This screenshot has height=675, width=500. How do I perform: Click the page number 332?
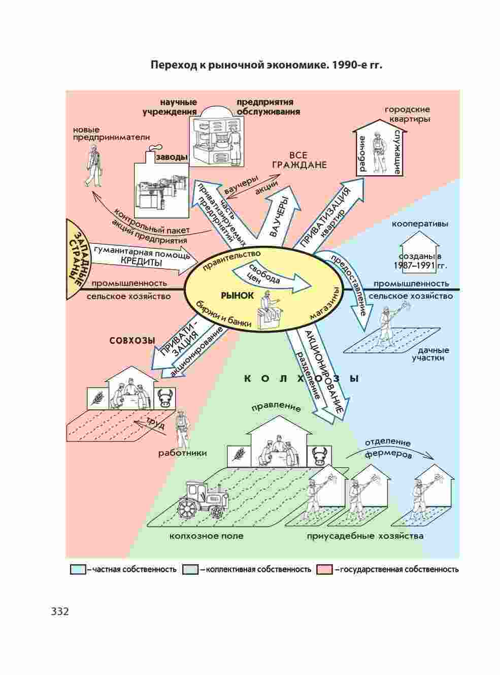coord(59,611)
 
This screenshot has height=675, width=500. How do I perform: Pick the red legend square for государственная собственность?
coord(324,569)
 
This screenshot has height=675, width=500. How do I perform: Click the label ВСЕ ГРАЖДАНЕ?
coord(299,160)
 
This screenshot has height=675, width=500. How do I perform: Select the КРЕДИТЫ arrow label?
coord(142,263)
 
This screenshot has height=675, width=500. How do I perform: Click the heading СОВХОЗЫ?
coord(132,341)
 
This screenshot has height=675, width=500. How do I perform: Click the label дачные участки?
coord(431,354)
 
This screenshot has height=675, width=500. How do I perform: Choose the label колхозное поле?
coord(207,536)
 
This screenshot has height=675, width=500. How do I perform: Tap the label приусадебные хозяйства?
coord(364,536)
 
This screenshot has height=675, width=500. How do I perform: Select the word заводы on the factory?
coord(172,157)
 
